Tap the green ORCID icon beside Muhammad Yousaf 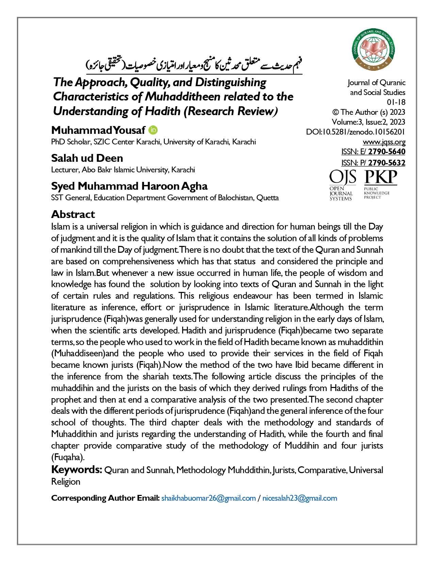click(154, 130)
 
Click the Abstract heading click(73, 214)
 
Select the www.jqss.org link click(384, 142)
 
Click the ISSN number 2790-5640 click(387, 152)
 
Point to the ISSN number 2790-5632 click(387, 163)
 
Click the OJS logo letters click(342, 177)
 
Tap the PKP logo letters click(381, 177)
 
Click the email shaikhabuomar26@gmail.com click(208, 498)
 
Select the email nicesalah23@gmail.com click(300, 498)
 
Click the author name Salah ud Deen click(87, 158)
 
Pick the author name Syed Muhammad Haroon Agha click(129, 186)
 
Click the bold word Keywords click(76, 470)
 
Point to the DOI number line click(355, 132)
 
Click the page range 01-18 click(396, 102)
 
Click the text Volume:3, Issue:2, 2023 click(368, 122)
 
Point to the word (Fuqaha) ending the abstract click(68, 457)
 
